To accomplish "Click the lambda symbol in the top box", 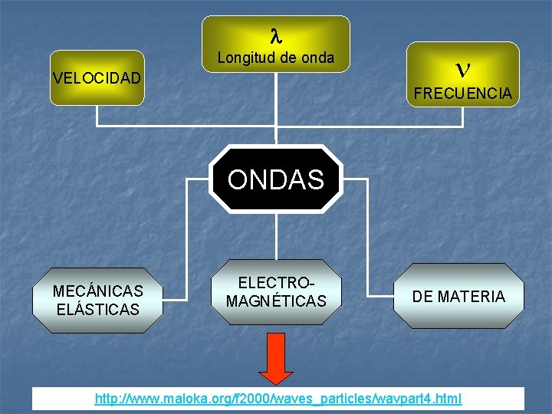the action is click(x=276, y=35).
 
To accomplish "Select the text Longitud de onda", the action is click(x=275, y=58).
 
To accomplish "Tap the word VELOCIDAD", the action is click(x=97, y=78).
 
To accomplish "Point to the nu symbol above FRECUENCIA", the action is click(x=462, y=70).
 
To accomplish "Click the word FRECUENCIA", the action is click(x=462, y=94).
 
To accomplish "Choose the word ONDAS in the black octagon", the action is click(x=276, y=179).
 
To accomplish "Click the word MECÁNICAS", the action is click(x=97, y=291).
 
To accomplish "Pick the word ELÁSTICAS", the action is click(x=97, y=310).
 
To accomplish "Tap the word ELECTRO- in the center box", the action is click(x=276, y=283).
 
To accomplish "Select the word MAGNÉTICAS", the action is click(x=276, y=301).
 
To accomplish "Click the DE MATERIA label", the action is click(x=458, y=297).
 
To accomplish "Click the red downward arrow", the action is click(x=276, y=357).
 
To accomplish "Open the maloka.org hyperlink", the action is click(x=278, y=399).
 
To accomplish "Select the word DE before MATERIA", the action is click(x=423, y=297).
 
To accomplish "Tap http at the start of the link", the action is click(x=107, y=399).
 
